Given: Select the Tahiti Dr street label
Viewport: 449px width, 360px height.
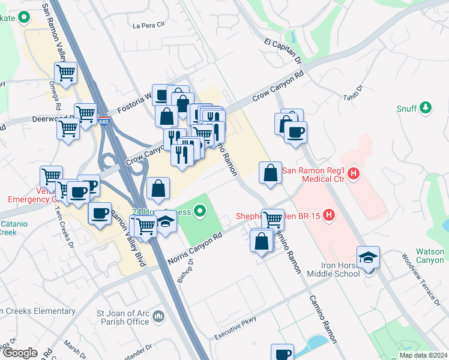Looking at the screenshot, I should (355, 95).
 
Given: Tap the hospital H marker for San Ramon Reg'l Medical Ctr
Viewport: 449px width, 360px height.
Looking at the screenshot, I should (354, 175).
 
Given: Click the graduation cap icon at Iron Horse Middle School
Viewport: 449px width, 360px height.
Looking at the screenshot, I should (368, 257).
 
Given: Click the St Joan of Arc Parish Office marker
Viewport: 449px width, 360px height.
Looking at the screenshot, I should (158, 316).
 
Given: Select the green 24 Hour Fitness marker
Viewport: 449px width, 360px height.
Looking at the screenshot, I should (200, 211).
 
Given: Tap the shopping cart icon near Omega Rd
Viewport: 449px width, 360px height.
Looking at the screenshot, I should (66, 73).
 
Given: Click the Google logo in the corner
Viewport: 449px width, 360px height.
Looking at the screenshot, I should (19, 353).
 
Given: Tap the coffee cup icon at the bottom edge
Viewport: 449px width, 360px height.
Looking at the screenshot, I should (282, 354).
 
